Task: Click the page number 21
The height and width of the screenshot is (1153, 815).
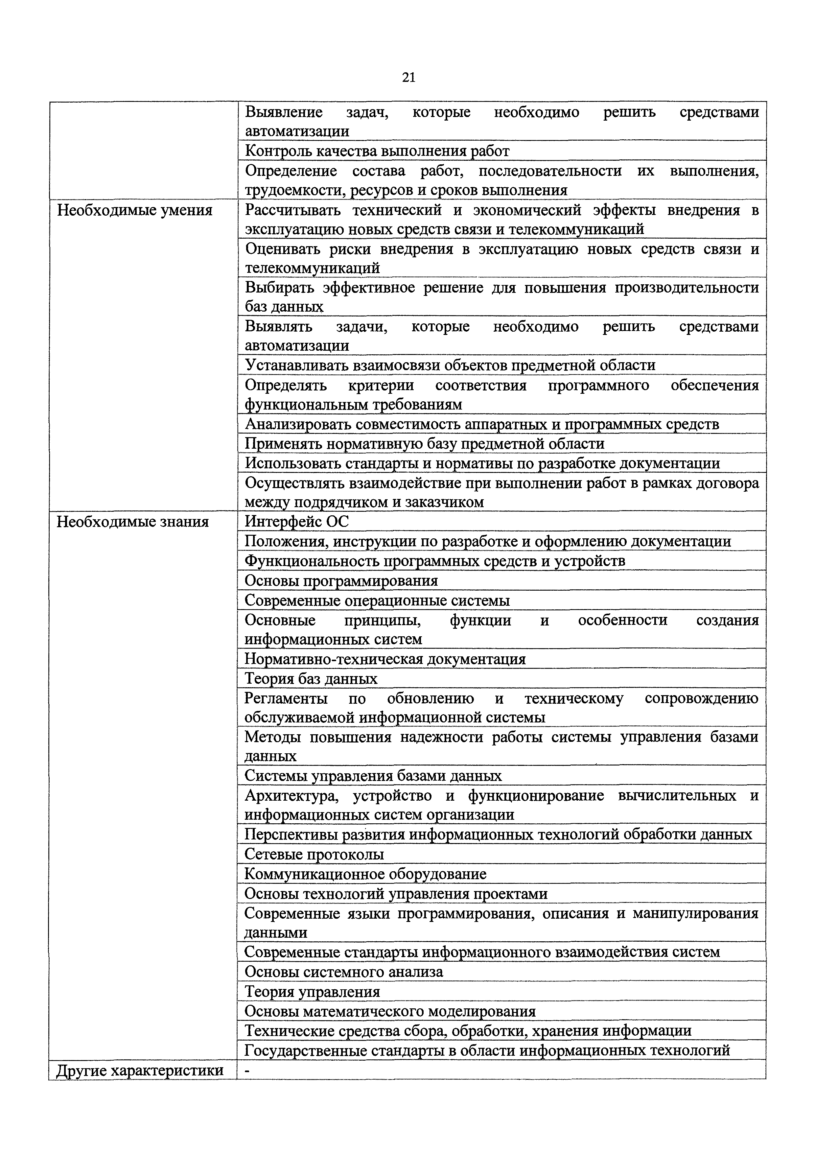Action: (408, 78)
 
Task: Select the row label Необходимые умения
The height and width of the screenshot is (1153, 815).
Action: (135, 210)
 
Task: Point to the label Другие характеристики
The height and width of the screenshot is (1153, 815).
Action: (140, 1071)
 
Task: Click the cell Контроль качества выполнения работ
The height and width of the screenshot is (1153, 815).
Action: (377, 151)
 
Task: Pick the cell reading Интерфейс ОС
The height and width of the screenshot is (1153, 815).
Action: (296, 522)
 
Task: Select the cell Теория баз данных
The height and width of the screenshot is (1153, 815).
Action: (311, 679)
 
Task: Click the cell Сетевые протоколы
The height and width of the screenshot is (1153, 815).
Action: (314, 854)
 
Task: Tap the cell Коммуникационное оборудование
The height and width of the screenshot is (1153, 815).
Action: (365, 874)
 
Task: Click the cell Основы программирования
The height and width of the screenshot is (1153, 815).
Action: (341, 581)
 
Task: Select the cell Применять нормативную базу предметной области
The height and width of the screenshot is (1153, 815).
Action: (424, 444)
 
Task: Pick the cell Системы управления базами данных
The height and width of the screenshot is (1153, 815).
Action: (373, 776)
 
